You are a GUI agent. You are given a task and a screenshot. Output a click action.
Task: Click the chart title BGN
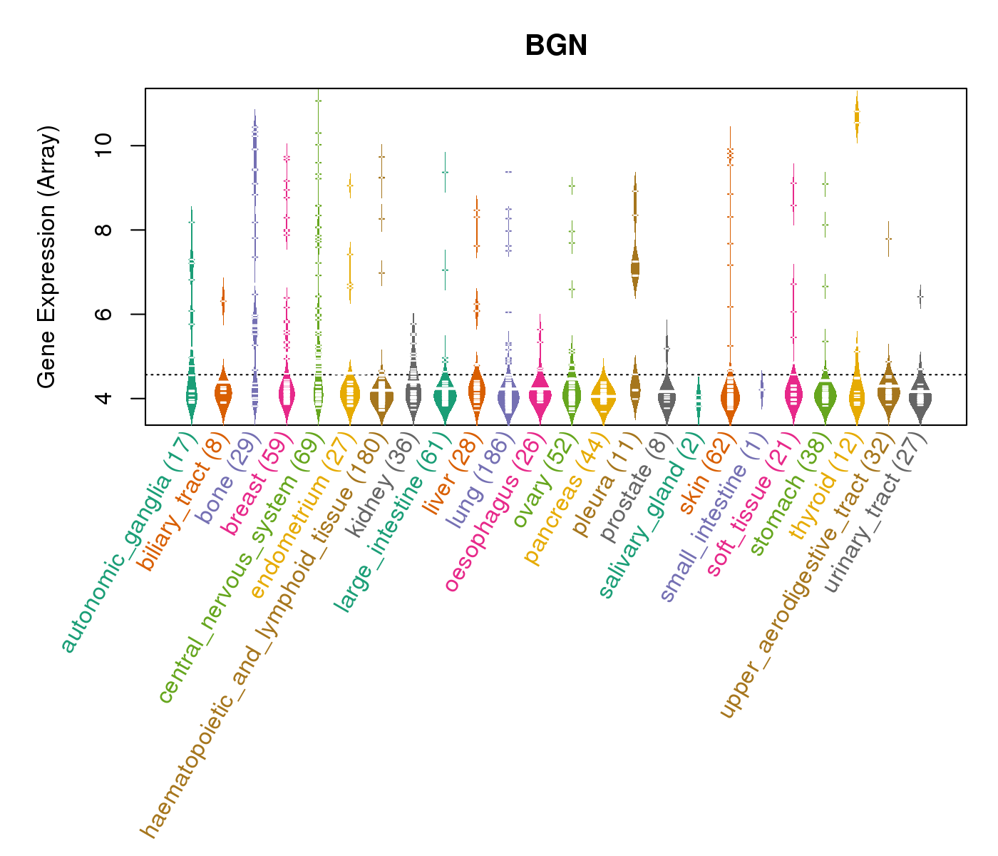556,46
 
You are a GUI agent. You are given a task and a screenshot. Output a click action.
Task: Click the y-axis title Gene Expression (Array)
47,257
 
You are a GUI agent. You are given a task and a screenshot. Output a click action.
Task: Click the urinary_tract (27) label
877,514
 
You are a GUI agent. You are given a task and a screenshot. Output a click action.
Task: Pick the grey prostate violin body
667,397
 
